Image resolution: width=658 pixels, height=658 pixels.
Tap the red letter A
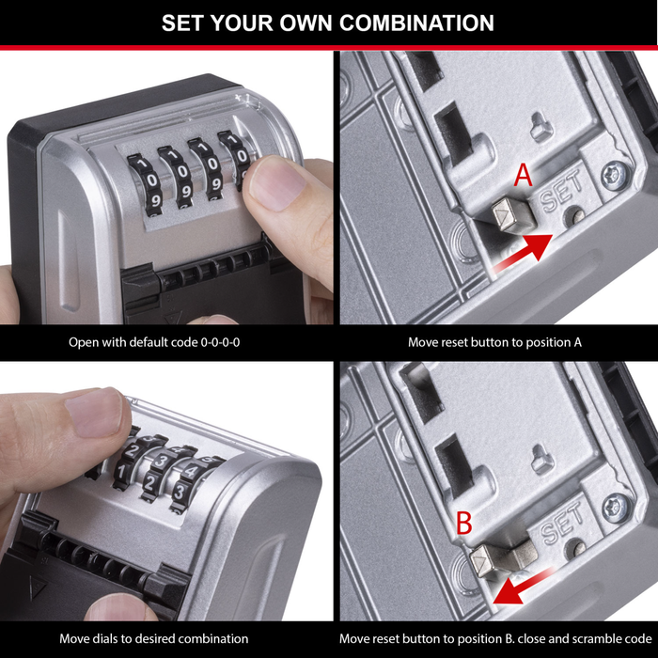point(523,176)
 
